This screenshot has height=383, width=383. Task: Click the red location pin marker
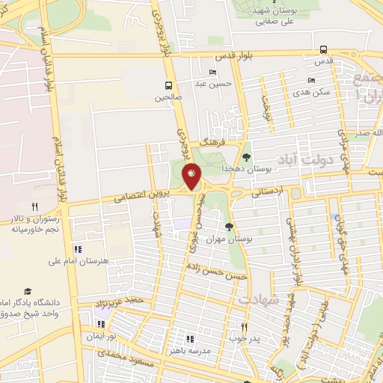point(192,176)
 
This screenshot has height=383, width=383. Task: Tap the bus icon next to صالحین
point(169,85)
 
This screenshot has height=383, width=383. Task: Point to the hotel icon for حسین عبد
point(213,73)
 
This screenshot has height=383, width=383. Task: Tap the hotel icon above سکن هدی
point(311,81)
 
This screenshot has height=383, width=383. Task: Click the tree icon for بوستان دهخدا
point(247,156)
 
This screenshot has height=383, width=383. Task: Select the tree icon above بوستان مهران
point(229,227)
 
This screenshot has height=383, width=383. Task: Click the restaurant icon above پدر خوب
point(244,327)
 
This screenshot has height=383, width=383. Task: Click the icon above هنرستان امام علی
point(77,249)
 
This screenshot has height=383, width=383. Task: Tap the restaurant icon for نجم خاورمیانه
point(34,206)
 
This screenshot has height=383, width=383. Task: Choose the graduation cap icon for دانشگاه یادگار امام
point(28,291)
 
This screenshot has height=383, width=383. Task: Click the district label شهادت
point(258,298)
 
